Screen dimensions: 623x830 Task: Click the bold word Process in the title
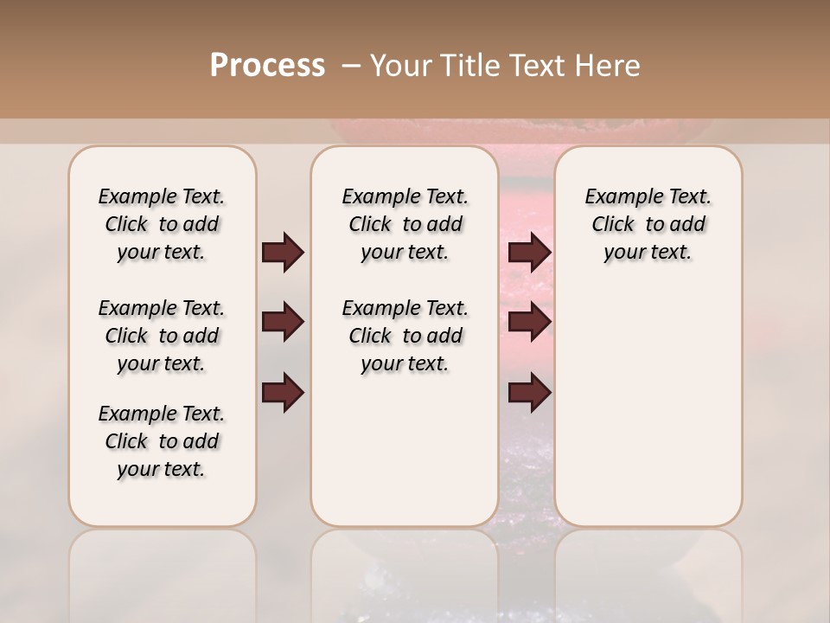tap(267, 66)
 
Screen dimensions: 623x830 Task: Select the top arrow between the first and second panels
tap(283, 253)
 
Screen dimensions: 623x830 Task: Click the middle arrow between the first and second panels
tap(283, 322)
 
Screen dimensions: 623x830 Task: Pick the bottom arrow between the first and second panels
tap(283, 393)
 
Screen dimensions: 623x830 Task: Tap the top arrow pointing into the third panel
tap(529, 253)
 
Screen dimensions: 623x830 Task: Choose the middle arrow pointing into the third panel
tap(529, 322)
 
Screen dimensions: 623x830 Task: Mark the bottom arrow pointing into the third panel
tap(529, 393)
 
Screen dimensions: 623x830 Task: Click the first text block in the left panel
tap(162, 224)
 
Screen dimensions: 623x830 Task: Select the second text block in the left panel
tap(162, 336)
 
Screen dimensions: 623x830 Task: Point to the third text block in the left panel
tap(162, 441)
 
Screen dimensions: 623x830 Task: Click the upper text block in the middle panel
tap(405, 224)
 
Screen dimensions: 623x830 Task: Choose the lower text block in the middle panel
tap(405, 336)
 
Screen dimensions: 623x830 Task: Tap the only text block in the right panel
tap(648, 224)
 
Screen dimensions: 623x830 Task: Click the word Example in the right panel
tap(616, 196)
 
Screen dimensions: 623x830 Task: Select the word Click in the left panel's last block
tap(126, 441)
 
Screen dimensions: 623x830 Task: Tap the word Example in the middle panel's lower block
tap(373, 308)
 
